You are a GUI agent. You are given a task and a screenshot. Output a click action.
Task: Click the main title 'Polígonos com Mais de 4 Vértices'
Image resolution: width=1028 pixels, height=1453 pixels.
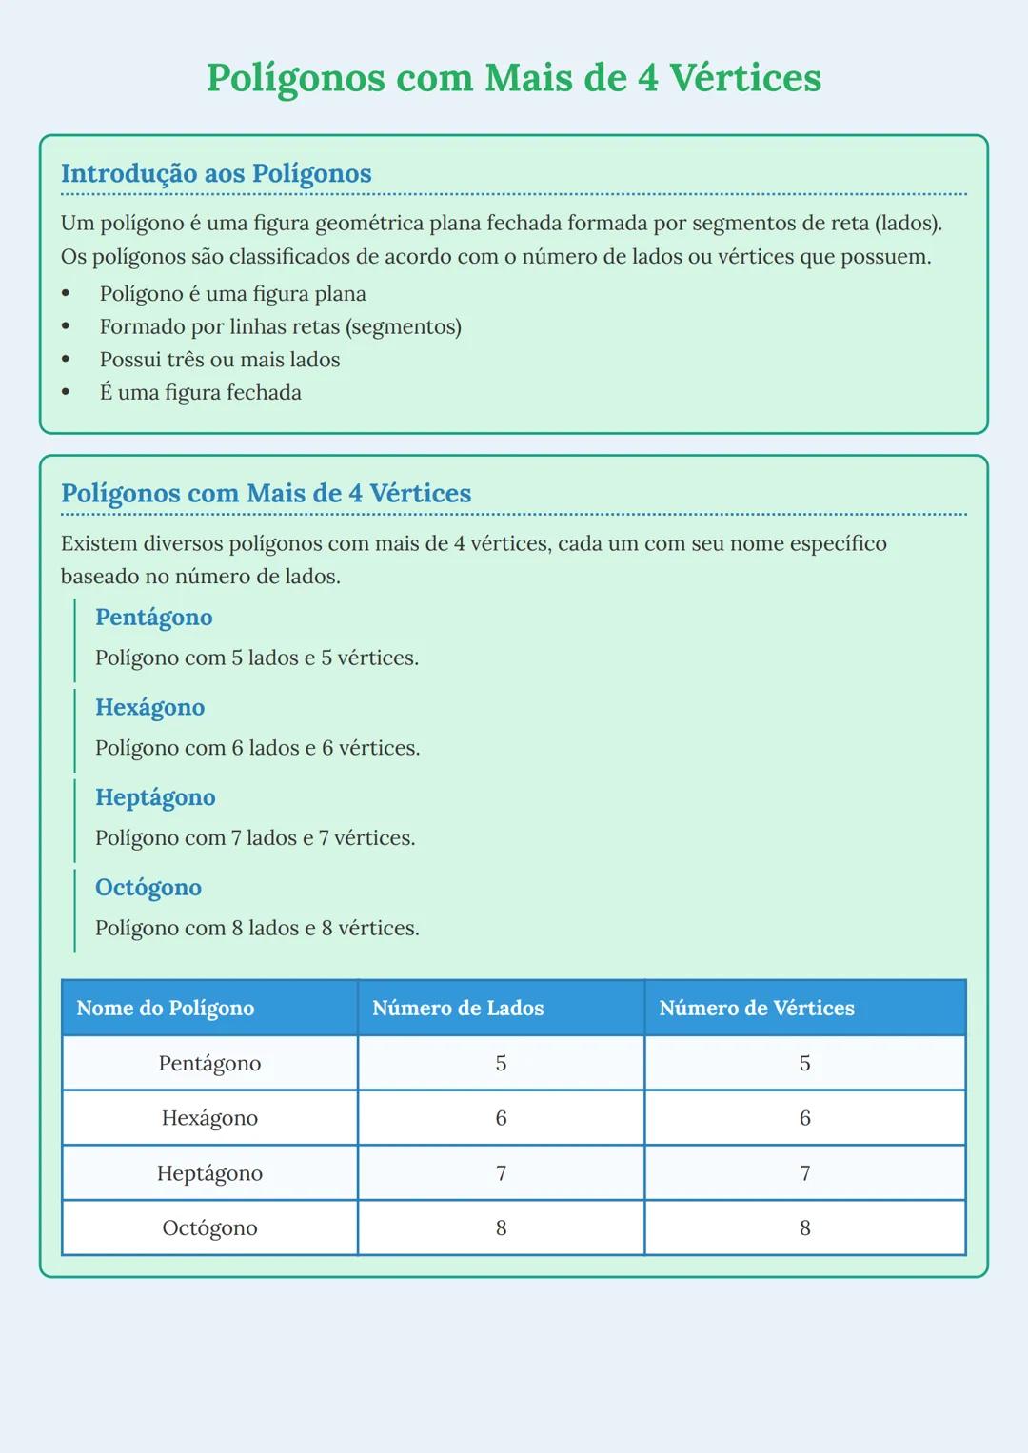pyautogui.click(x=513, y=78)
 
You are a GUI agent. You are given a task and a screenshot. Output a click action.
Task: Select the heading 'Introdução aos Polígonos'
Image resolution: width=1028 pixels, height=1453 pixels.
pyautogui.click(x=216, y=174)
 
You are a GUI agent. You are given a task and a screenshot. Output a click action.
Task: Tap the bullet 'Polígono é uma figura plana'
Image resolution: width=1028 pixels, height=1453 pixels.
pyautogui.click(x=232, y=294)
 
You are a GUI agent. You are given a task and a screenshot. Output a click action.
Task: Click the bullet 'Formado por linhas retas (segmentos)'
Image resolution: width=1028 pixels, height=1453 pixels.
pyautogui.click(x=280, y=327)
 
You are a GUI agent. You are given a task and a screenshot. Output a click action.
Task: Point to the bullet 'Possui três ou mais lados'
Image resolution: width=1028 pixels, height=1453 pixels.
pyautogui.click(x=219, y=360)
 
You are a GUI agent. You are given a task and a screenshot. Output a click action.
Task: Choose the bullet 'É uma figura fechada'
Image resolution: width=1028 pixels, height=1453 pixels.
pyautogui.click(x=200, y=393)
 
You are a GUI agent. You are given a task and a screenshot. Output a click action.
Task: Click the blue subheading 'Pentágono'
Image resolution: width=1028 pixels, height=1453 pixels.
pyautogui.click(x=153, y=618)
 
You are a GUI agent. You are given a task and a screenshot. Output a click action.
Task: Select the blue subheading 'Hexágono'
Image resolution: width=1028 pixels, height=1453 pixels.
pyautogui.click(x=149, y=708)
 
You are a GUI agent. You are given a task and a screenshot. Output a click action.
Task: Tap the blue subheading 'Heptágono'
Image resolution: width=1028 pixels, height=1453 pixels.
pyautogui.click(x=155, y=797)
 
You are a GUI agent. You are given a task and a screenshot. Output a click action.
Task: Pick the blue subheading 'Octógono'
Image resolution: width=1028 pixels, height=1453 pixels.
pyautogui.click(x=148, y=888)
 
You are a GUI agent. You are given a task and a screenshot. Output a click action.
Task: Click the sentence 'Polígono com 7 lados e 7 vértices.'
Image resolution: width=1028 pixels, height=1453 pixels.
pyautogui.click(x=255, y=838)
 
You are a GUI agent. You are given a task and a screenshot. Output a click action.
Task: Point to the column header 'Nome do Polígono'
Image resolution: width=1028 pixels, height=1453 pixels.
pyautogui.click(x=166, y=1009)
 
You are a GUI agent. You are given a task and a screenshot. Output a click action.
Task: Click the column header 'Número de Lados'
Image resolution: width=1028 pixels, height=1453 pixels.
pyautogui.click(x=458, y=1009)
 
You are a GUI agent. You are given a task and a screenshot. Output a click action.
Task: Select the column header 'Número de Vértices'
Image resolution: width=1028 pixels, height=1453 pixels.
pyautogui.click(x=757, y=1009)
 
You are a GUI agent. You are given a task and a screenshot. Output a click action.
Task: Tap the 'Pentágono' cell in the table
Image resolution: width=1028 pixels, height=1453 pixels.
pyautogui.click(x=209, y=1064)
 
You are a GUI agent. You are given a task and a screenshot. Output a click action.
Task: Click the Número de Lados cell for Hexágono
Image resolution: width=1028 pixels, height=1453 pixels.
pyautogui.click(x=501, y=1119)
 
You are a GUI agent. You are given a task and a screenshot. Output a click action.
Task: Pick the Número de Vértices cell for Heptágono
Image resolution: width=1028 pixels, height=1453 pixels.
pyautogui.click(x=804, y=1174)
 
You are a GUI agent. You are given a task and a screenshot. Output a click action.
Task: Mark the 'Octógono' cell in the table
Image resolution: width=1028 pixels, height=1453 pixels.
pyautogui.click(x=209, y=1228)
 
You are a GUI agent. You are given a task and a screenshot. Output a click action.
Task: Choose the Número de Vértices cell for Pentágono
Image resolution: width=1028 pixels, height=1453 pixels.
pyautogui.click(x=804, y=1064)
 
